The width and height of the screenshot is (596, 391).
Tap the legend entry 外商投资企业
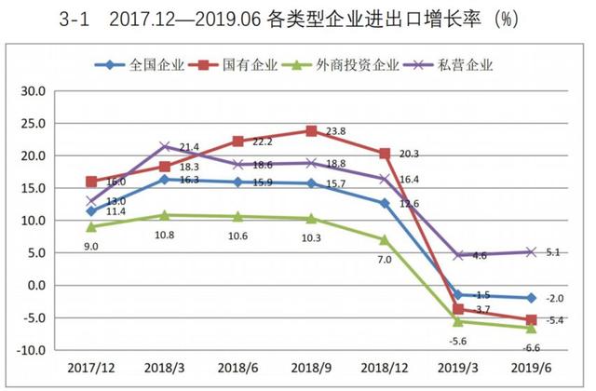pyautogui.click(x=361, y=65)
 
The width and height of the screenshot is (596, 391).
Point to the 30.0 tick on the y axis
pyautogui.click(x=34, y=91)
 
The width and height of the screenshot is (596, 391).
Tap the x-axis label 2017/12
pyautogui.click(x=91, y=371)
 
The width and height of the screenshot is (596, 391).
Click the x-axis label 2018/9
pyautogui.click(x=310, y=371)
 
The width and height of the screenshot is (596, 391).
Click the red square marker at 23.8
pyautogui.click(x=311, y=131)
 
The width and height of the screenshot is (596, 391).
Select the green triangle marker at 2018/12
pyautogui.click(x=385, y=239)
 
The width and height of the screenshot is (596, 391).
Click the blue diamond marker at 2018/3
pyautogui.click(x=165, y=180)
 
